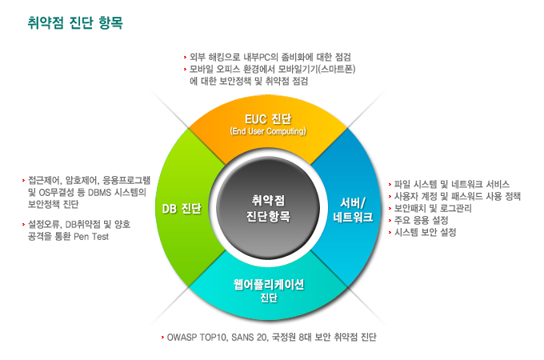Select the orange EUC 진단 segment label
point(267,119)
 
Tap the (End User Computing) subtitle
point(267,131)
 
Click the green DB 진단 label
point(181,208)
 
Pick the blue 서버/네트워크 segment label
point(352,209)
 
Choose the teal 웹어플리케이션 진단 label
point(268,291)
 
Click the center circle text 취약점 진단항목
point(268,207)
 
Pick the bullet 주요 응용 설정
point(421,219)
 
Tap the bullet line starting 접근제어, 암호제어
point(87,180)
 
